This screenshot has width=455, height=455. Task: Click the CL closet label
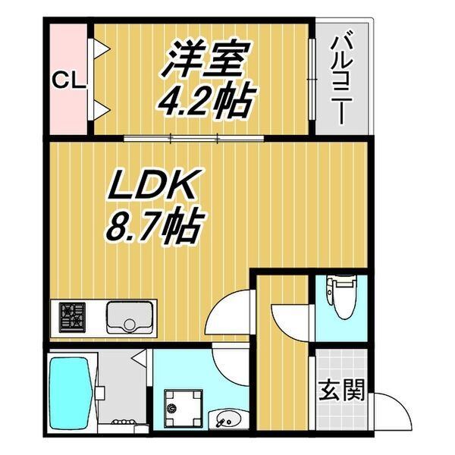69,80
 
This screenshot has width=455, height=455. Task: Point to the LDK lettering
151,184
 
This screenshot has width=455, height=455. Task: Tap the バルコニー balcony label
343,80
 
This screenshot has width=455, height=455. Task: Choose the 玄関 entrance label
341,390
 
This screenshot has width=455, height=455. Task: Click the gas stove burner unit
73,317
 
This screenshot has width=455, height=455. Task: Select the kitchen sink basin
130,318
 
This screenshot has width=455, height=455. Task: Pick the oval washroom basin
229,419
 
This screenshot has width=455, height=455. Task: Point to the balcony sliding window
312,79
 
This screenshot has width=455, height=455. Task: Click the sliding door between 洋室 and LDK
194,138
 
